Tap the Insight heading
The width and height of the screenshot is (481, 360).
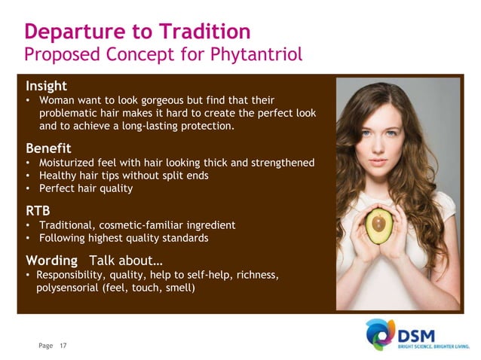pyautogui.click(x=46, y=85)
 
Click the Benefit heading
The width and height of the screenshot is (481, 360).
pyautogui.click(x=49, y=147)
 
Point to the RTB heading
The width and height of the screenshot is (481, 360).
pyautogui.click(x=38, y=209)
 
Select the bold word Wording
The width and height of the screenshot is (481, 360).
pyautogui.click(x=51, y=261)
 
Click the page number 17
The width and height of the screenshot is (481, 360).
pyautogui.click(x=63, y=345)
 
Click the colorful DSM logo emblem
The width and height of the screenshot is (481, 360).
pyautogui.click(x=381, y=334)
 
